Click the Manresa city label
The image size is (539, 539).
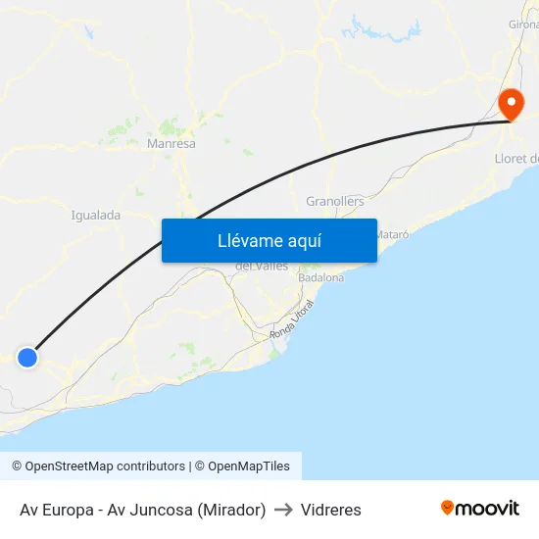click(171, 143)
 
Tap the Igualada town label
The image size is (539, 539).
click(96, 215)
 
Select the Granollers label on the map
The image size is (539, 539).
click(335, 201)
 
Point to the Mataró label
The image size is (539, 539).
click(392, 235)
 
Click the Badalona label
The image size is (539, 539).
click(321, 278)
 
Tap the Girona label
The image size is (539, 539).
click(523, 51)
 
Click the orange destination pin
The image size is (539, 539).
click(511, 104)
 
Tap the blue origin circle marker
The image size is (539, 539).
click(27, 358)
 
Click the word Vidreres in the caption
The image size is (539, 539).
click(331, 510)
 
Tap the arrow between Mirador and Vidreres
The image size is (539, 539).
click(283, 510)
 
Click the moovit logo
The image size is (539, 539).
click(480, 508)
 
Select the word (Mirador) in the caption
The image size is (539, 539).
click(231, 510)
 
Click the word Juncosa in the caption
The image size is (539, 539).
click(161, 510)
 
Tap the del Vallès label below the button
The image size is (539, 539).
click(261, 267)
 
